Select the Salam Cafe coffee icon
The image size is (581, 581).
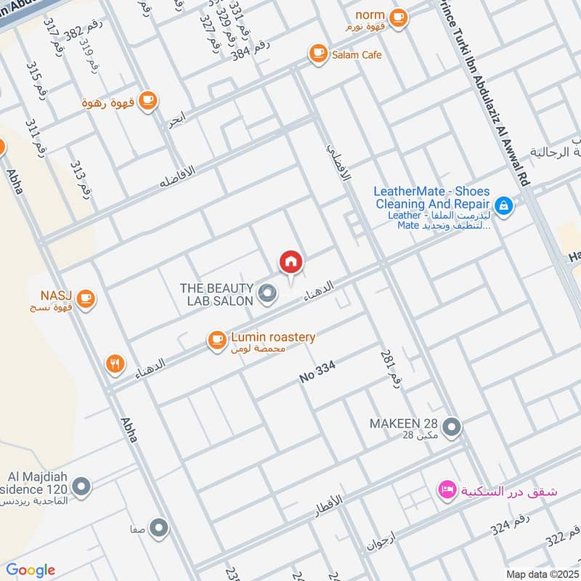pyautogui.click(x=317, y=53)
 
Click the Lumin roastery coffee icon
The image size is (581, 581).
pyautogui.click(x=216, y=339)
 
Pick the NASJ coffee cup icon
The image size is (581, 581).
pyautogui.click(x=86, y=298)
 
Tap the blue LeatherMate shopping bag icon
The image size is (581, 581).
pyautogui.click(x=505, y=206)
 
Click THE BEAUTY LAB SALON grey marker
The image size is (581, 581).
pyautogui.click(x=267, y=294)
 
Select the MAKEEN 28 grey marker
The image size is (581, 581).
pyautogui.click(x=452, y=426)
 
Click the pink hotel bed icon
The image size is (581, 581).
pyautogui.click(x=446, y=491)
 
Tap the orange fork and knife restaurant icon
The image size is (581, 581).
pyautogui.click(x=115, y=364)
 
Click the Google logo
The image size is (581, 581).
pyautogui.click(x=31, y=570)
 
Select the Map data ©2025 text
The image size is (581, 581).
pyautogui.click(x=541, y=574)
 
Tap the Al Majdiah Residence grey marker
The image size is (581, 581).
pyautogui.click(x=82, y=486)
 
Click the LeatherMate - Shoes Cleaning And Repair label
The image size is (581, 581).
pyautogui.click(x=431, y=198)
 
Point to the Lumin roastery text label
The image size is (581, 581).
pyautogui.click(x=272, y=337)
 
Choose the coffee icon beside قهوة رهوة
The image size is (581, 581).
pyautogui.click(x=147, y=100)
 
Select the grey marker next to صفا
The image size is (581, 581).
pyautogui.click(x=158, y=528)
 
